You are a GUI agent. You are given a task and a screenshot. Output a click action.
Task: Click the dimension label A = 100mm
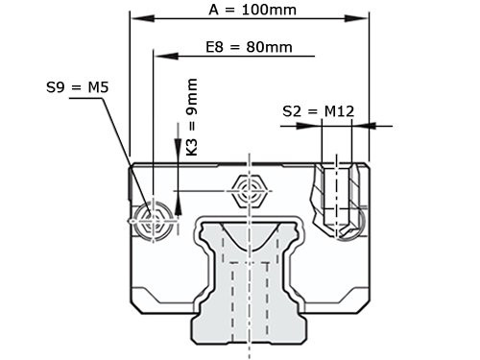tap(252, 11)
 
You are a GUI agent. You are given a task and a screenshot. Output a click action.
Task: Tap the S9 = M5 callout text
tap(77, 88)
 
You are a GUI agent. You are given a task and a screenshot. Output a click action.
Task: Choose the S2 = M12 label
tap(319, 111)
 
